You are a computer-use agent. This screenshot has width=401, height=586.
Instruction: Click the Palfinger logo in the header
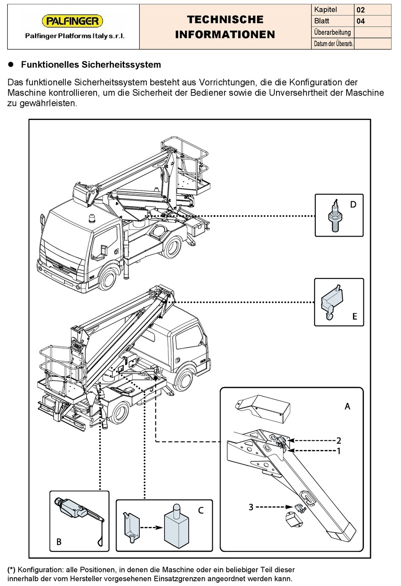[72, 21]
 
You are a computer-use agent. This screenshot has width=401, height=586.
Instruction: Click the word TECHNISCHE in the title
[225, 19]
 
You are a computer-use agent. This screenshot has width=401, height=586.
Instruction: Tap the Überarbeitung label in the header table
[332, 32]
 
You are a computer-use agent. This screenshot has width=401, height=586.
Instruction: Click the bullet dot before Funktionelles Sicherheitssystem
[12, 65]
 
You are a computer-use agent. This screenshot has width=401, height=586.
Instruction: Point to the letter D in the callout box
[353, 204]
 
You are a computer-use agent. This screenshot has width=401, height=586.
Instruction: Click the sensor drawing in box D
[335, 215]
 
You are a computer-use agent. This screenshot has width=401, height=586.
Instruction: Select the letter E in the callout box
[355, 316]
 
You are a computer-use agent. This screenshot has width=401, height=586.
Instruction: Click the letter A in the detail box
[347, 406]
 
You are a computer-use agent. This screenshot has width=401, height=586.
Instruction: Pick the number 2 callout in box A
[339, 440]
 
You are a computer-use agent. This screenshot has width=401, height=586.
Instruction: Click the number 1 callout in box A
[339, 451]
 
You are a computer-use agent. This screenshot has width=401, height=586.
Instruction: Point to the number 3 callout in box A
[251, 507]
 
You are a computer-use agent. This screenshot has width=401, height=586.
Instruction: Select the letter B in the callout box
[59, 542]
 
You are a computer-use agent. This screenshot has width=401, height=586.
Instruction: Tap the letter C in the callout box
[201, 510]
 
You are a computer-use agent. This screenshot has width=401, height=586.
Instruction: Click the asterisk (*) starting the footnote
[11, 570]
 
